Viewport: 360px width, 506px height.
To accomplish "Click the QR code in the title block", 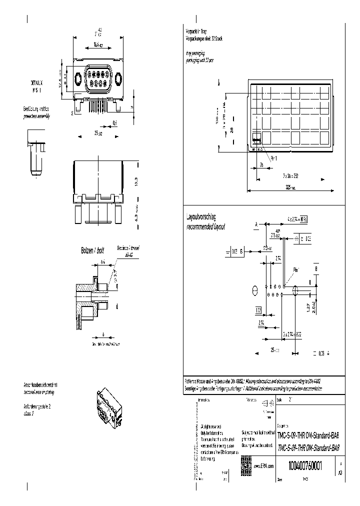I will (x=246, y=463).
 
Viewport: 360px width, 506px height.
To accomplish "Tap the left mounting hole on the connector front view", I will (x=78, y=79).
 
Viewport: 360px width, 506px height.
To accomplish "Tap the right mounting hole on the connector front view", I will (x=118, y=79).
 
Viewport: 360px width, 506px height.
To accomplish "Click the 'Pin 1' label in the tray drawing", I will (x=274, y=158).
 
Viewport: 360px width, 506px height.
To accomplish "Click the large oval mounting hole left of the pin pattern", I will (x=255, y=289).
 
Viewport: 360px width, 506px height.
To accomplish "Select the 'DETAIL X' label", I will (x=37, y=81).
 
